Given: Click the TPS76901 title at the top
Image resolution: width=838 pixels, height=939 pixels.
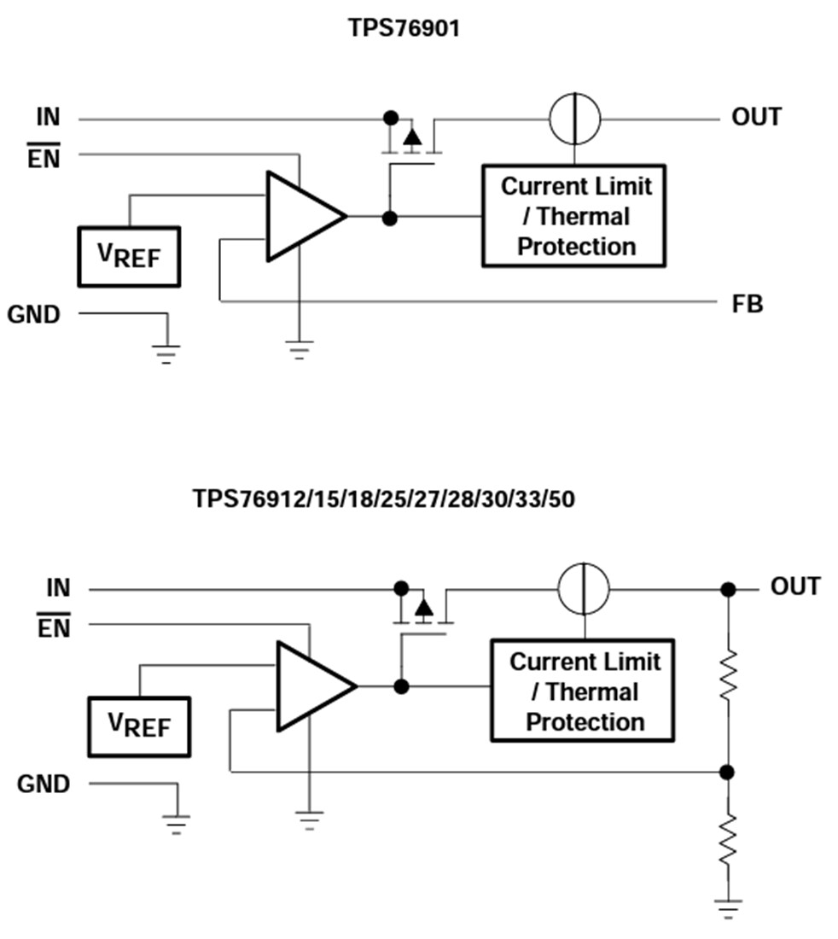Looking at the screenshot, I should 404,28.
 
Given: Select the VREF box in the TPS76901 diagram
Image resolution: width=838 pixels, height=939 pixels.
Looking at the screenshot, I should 129,256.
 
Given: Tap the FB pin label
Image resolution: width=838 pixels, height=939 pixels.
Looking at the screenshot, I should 747,304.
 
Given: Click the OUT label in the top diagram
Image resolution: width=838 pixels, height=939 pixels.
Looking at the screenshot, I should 756,117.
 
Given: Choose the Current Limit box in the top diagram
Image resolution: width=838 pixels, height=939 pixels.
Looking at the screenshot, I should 573,216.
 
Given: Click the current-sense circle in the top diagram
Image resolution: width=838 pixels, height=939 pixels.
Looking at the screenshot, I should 574,118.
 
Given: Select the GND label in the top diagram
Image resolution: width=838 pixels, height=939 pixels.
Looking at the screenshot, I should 34,315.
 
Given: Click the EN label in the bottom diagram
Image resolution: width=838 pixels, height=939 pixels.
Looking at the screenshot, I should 55,628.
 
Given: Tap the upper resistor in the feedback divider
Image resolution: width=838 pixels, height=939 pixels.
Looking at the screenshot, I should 727,675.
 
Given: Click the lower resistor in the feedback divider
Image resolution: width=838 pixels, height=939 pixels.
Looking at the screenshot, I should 727,838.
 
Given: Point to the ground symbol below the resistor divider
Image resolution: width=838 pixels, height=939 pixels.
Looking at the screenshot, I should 727,907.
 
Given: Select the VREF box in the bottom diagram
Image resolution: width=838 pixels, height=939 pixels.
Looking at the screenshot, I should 139,726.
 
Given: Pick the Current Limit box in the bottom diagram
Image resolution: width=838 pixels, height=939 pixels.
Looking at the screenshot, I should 583,691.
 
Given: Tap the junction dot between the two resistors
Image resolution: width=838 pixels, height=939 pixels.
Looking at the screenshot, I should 727,773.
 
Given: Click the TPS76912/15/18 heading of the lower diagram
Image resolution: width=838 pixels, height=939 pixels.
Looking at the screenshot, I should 383,499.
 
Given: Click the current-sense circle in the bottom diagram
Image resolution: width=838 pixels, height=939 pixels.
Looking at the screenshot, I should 584,589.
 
